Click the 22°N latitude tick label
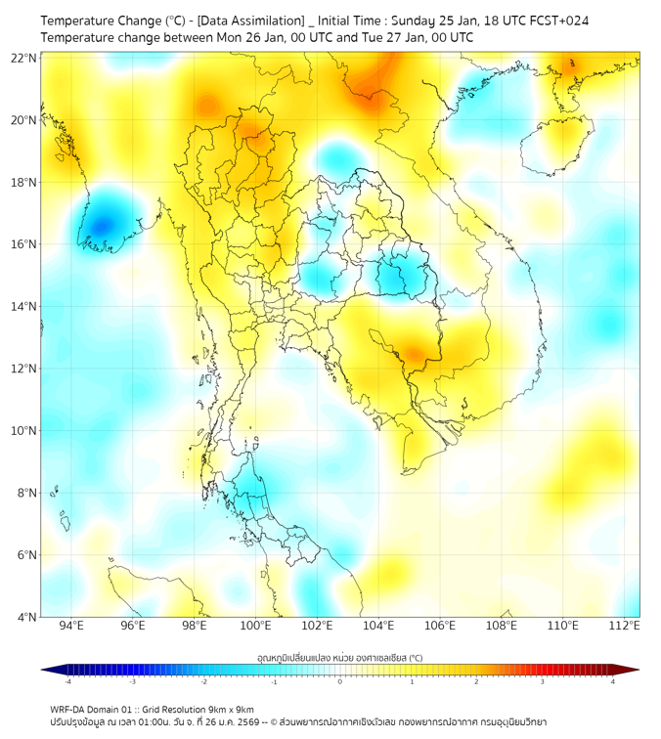[24, 58]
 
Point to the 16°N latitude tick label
[24, 244]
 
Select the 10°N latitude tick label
[24, 430]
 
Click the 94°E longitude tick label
[71, 627]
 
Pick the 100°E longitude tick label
[256, 627]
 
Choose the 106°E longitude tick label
[441, 627]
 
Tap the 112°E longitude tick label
[626, 627]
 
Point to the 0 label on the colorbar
[340, 681]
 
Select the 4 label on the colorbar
[612, 681]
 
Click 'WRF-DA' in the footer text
[68, 709]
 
